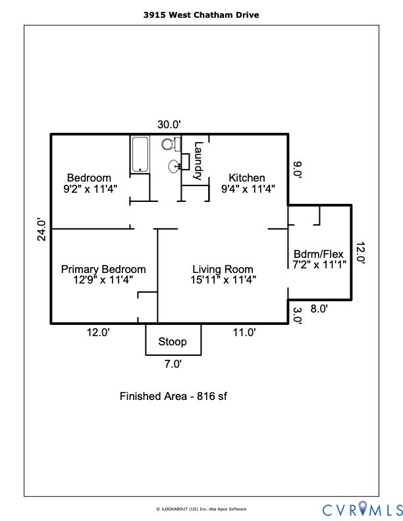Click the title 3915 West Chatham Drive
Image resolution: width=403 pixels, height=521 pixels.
pyautogui.click(x=201, y=14)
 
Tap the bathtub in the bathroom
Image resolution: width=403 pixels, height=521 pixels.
pyautogui.click(x=140, y=154)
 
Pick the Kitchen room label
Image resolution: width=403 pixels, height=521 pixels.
pyautogui.click(x=247, y=178)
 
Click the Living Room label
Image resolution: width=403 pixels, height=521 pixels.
pyautogui.click(x=223, y=269)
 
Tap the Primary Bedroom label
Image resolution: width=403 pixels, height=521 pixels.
pyautogui.click(x=103, y=269)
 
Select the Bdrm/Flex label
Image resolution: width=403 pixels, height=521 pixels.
pyautogui.click(x=319, y=255)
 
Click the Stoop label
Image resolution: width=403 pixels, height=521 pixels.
pyautogui.click(x=173, y=341)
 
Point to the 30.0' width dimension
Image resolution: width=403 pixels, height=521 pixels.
pyautogui.click(x=169, y=124)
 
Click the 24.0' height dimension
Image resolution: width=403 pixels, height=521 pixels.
pyautogui.click(x=41, y=230)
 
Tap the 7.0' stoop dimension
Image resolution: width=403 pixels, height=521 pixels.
pyautogui.click(x=173, y=363)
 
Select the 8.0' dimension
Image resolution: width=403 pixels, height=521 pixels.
pyautogui.click(x=318, y=307)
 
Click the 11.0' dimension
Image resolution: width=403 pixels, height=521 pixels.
pyautogui.click(x=244, y=333)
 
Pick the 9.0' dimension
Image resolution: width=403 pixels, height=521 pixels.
pyautogui.click(x=297, y=169)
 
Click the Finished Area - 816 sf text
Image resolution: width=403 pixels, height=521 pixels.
pyautogui.click(x=173, y=396)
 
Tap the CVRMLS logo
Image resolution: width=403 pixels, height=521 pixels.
pyautogui.click(x=362, y=509)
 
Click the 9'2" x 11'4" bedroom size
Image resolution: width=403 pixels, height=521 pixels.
pyautogui.click(x=88, y=188)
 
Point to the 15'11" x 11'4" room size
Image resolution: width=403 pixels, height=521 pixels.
pyautogui.click(x=223, y=280)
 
